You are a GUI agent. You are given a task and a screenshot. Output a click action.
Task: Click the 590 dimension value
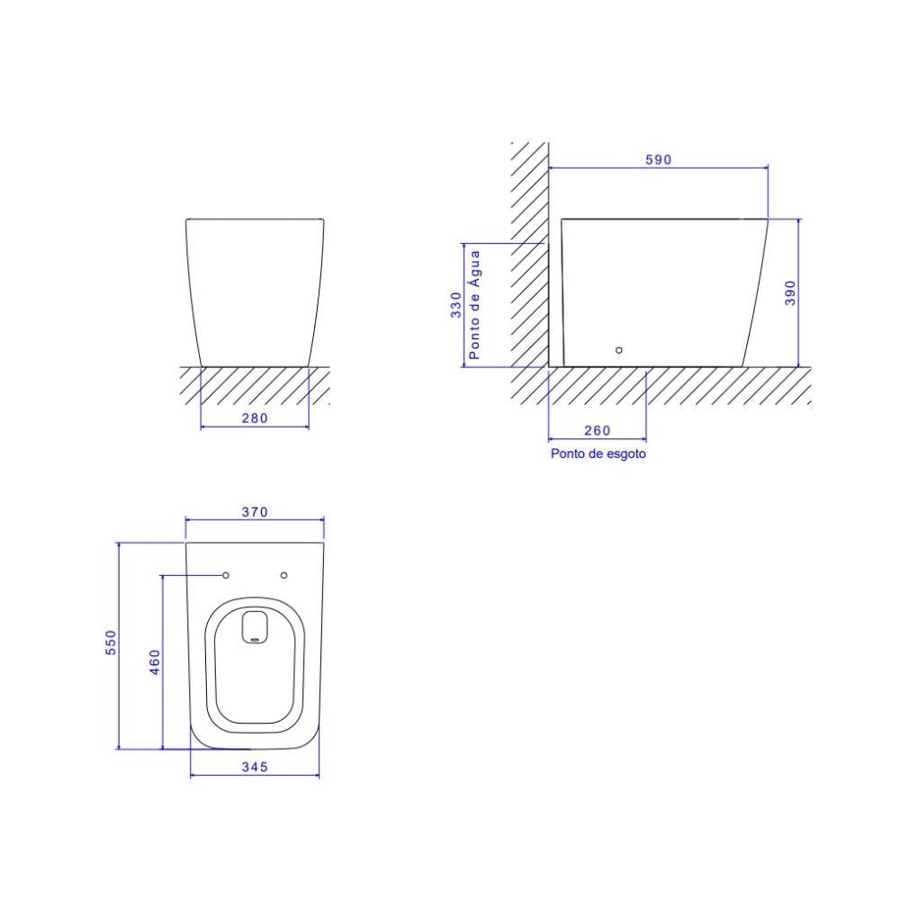(x=658, y=159)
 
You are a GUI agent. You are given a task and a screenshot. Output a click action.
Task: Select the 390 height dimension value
(x=790, y=292)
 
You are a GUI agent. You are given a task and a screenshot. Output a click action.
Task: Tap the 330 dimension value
(x=456, y=305)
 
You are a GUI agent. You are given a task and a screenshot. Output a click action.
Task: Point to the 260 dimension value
(x=597, y=430)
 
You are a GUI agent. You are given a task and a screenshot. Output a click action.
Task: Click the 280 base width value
(x=255, y=418)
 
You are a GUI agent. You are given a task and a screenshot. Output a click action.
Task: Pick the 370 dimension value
(x=255, y=512)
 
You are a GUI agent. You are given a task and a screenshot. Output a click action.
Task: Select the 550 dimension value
(x=111, y=643)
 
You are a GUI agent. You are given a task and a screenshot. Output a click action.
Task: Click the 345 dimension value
(x=255, y=767)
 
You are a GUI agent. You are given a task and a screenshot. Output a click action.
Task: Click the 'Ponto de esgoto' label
(x=598, y=454)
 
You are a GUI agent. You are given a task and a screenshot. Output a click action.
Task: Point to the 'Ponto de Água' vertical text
(x=474, y=305)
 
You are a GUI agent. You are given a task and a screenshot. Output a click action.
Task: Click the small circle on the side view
(x=618, y=350)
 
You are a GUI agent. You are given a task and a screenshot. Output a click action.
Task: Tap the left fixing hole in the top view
(x=226, y=574)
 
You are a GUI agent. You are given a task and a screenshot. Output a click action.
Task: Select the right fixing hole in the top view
(x=284, y=574)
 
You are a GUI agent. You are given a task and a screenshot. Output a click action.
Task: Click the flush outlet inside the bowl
(x=256, y=626)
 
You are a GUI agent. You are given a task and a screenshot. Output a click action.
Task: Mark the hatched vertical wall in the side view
(x=530, y=252)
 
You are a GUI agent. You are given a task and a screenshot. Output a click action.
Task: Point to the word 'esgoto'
(x=626, y=454)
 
